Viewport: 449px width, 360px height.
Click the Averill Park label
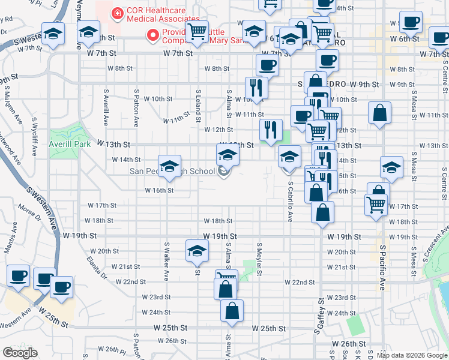pos(69,145)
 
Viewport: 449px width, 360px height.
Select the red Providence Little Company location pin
pos(153,35)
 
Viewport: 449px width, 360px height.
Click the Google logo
pos(20,353)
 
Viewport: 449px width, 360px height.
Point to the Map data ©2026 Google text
pos(412,355)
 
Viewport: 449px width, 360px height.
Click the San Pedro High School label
pos(172,172)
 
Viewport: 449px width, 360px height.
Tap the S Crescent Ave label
pos(436,243)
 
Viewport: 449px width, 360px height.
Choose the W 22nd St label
pos(300,282)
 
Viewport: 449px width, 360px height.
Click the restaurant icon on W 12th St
pos(271,130)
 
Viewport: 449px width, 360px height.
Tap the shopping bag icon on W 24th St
pos(232,311)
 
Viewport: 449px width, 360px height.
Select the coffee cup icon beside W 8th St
pos(267,65)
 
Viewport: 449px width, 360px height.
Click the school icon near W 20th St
pos(196,251)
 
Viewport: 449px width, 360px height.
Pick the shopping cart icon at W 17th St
pos(376,204)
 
